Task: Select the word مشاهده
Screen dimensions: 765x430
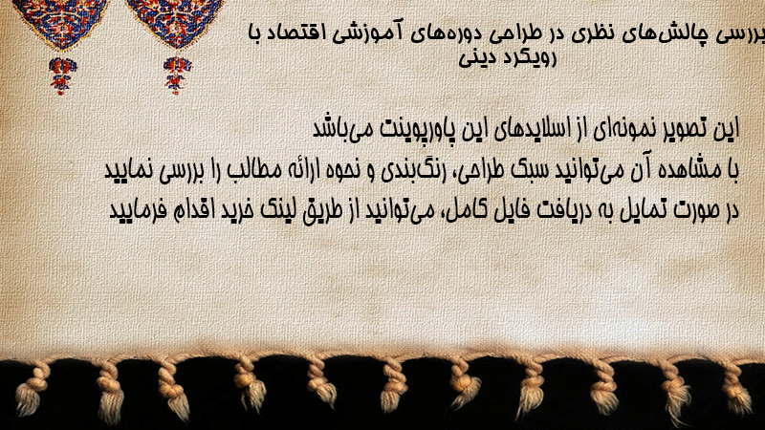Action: [687, 170]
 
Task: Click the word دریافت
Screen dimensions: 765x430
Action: [565, 210]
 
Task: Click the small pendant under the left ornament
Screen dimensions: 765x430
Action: [62, 75]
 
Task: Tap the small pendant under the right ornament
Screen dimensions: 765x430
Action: [177, 75]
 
